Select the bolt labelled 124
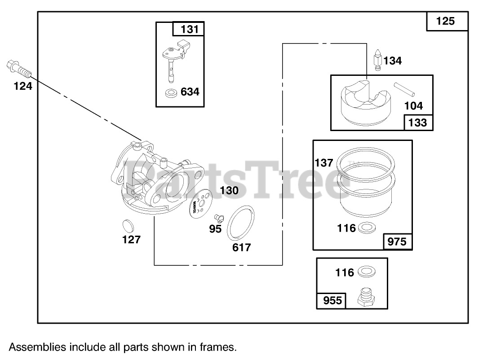(18, 69)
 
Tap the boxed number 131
(189, 30)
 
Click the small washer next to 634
(171, 93)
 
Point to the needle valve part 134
(378, 60)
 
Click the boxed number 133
(418, 122)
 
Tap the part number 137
(323, 162)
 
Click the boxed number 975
(397, 241)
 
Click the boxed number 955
(332, 300)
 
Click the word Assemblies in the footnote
(33, 347)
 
